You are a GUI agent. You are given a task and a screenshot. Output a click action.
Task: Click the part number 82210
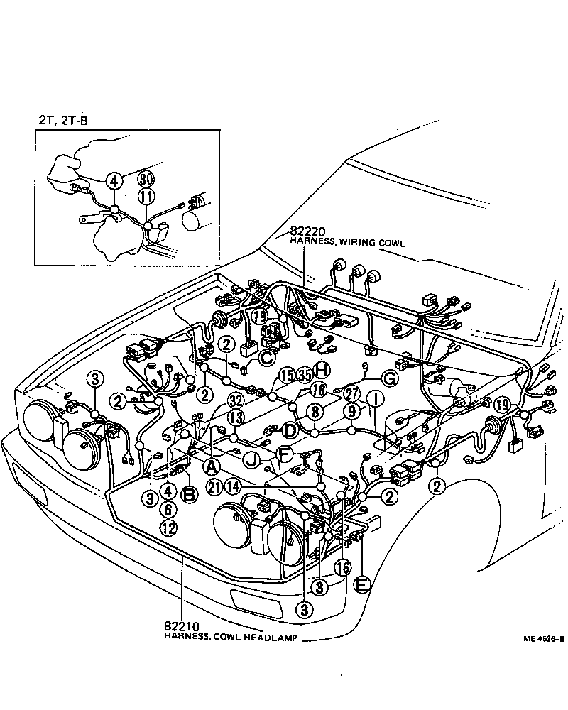point(180,626)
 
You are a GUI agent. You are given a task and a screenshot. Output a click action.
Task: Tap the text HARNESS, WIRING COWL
point(347,243)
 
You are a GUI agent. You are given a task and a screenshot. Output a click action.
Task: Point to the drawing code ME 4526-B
point(544,638)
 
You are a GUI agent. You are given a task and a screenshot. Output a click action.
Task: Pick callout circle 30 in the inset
point(146,178)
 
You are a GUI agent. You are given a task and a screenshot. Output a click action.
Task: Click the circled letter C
point(266,358)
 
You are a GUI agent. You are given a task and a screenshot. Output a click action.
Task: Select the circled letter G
point(390,378)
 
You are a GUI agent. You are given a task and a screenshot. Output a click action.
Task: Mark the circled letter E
point(361,585)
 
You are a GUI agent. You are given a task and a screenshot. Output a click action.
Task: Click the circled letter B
point(189,495)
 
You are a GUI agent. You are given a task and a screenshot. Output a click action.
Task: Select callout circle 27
point(352,395)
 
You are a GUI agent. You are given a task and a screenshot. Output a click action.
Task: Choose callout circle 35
point(305,374)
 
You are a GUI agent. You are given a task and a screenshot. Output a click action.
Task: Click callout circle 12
point(168,528)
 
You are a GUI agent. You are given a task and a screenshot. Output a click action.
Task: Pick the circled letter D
point(289,430)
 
